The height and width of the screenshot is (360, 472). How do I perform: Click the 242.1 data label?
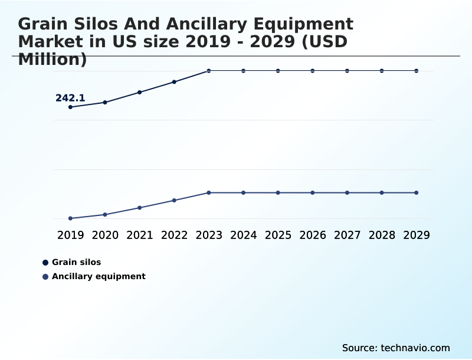[x=70, y=98]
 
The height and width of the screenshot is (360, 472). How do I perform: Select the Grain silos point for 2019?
[x=70, y=107]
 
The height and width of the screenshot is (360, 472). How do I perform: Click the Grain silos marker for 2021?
[x=140, y=92]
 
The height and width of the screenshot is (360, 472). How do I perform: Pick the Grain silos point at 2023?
[x=209, y=71]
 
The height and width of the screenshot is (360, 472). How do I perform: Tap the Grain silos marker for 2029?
[x=417, y=71]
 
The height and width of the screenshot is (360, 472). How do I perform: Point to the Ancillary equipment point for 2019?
[x=70, y=218]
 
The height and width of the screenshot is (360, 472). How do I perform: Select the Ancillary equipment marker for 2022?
[x=174, y=200]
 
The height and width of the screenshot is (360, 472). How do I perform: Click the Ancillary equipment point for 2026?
[x=313, y=192]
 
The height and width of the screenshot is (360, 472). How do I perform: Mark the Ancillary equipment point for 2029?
[x=417, y=192]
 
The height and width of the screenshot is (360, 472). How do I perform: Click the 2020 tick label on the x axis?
[x=105, y=235]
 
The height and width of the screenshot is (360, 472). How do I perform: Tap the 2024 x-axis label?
[x=243, y=235]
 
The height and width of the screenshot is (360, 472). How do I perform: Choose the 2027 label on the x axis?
[x=347, y=235]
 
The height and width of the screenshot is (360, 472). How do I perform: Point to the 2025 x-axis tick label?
[x=278, y=235]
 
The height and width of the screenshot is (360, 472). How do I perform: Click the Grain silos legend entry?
[x=76, y=262]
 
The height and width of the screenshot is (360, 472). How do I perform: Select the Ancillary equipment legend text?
[x=99, y=276]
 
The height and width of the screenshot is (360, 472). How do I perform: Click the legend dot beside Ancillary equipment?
[x=45, y=276]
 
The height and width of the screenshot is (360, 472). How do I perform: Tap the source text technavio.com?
[x=396, y=348]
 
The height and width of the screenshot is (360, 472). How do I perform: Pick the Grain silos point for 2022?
[x=174, y=81]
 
